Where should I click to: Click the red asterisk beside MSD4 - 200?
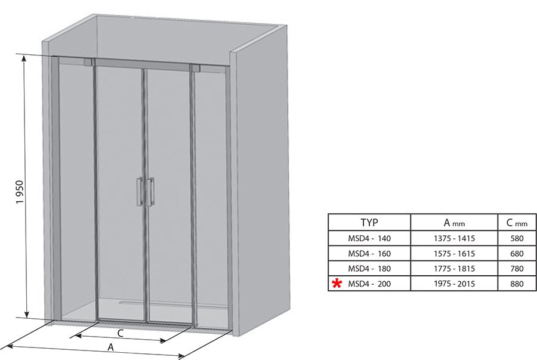[x=337, y=284]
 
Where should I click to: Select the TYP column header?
[x=369, y=223]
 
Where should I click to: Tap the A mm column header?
[x=454, y=223]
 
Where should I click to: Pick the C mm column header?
[x=517, y=223]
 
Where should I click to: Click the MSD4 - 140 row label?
[x=369, y=238]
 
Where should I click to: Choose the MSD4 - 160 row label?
[x=369, y=254]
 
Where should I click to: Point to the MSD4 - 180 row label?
[x=369, y=269]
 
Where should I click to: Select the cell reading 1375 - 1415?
[x=454, y=238]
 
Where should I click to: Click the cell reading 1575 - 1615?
[x=454, y=254]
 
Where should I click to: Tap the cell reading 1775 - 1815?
[x=454, y=269]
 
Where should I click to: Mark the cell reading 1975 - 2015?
[x=454, y=284]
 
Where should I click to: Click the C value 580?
[x=517, y=238]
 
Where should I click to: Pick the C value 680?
[x=517, y=254]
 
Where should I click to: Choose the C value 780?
[x=517, y=269]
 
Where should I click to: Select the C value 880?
[x=517, y=284]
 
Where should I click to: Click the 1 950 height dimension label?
[x=20, y=192]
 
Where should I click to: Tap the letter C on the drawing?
[x=120, y=333]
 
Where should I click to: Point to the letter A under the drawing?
[x=110, y=347]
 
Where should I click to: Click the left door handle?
[x=140, y=192]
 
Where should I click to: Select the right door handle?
[x=150, y=192]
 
